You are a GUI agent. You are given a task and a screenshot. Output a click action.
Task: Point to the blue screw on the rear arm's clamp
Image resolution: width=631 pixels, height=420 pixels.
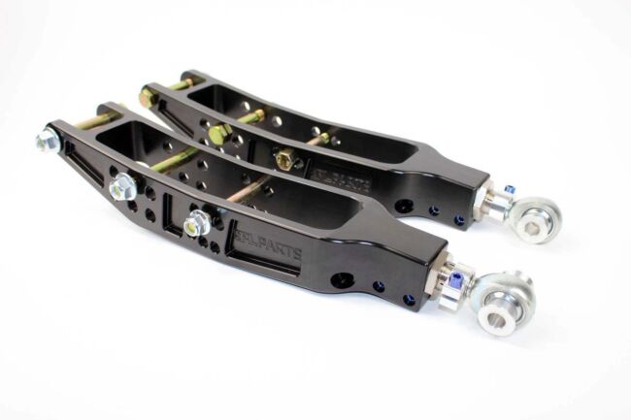click(507, 189)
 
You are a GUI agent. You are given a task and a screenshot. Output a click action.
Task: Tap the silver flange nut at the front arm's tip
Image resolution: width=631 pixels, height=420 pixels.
click(48, 142)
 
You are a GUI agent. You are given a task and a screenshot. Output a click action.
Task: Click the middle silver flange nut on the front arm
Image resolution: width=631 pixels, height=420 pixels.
click(123, 189)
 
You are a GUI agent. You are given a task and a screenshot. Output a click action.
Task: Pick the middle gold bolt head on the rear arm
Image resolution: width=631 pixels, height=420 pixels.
click(217, 134)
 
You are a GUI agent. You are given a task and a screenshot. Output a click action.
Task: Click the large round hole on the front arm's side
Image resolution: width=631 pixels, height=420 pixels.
click(341, 280)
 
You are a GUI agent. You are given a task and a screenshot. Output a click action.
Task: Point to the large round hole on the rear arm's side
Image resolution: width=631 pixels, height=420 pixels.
click(405, 206)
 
